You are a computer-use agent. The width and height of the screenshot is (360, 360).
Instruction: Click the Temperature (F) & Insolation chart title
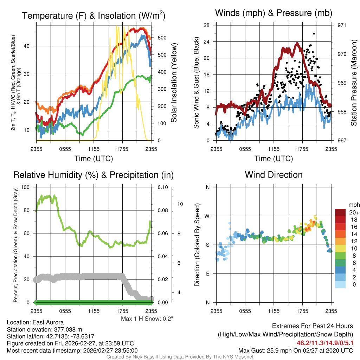(94, 15)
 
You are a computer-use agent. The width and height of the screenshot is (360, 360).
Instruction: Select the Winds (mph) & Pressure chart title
(274, 13)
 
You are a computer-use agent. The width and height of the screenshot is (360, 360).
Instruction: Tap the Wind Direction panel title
(274, 175)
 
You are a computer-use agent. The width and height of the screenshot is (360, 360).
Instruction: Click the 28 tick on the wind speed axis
(207, 25)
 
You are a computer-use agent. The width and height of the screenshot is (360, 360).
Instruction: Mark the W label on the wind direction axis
(207, 216)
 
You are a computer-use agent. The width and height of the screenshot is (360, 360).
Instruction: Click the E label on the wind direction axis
(208, 274)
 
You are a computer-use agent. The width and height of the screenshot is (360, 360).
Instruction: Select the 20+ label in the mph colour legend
(354, 212)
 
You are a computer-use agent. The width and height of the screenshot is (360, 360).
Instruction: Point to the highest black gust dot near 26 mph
(314, 34)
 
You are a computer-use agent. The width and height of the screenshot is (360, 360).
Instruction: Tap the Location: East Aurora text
(35, 322)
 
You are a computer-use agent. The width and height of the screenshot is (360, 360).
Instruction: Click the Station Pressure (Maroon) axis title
(354, 83)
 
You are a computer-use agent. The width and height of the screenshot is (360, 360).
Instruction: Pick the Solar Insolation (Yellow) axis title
(174, 83)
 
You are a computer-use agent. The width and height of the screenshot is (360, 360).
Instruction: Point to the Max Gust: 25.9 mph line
(295, 350)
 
